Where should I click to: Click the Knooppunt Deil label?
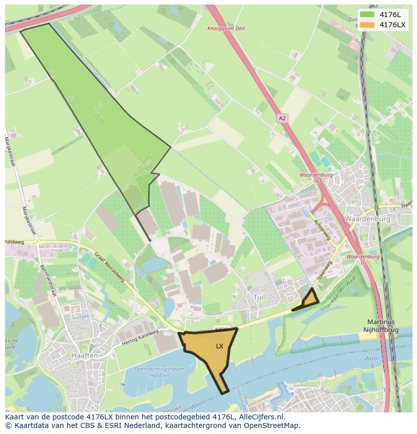(226, 28)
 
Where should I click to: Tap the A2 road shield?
(282, 118)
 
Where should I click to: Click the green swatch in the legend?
(367, 15)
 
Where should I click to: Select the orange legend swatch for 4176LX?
(367, 25)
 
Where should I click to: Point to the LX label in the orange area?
(220, 346)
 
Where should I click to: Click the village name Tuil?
(259, 297)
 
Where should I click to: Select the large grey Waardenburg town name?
(368, 219)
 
